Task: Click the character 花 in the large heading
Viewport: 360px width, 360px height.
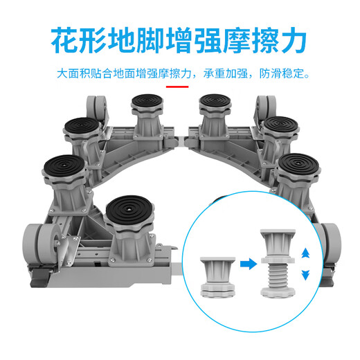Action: click(66, 42)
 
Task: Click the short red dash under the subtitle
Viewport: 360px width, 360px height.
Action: click(179, 87)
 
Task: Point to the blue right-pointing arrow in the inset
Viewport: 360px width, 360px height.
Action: click(246, 263)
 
